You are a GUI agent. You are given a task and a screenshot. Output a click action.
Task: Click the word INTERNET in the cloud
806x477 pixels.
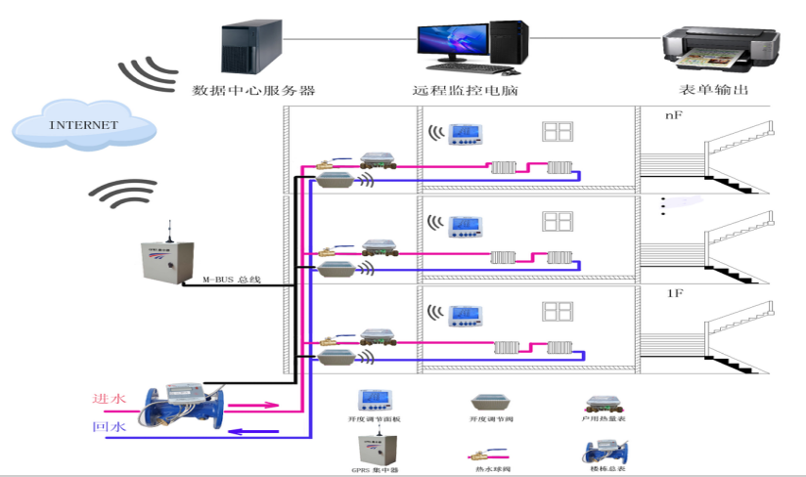[83, 125]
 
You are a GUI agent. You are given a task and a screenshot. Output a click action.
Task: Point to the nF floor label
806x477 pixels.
[673, 115]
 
